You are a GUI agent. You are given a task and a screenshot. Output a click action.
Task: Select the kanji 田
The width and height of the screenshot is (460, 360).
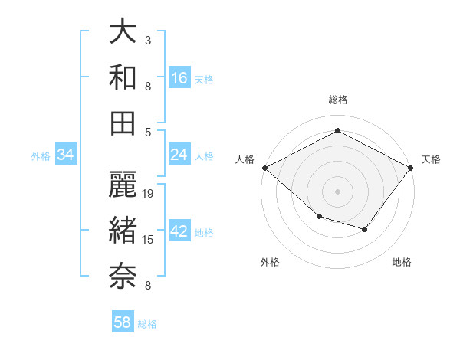click(x=123, y=122)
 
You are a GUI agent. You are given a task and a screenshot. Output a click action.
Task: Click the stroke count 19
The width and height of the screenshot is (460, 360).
click(x=149, y=194)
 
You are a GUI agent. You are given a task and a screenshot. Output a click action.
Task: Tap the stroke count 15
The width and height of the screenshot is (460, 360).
click(x=149, y=240)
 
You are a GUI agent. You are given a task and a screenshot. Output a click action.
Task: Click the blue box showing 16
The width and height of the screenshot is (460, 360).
click(x=179, y=77)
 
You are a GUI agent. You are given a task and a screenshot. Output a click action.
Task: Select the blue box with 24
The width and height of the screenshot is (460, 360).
click(x=179, y=155)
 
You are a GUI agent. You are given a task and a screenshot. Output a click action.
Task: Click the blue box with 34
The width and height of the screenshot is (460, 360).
click(x=66, y=155)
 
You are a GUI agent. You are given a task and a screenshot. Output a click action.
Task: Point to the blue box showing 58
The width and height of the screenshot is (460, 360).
click(x=123, y=322)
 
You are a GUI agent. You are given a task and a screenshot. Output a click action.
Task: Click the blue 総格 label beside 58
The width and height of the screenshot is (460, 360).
click(x=147, y=324)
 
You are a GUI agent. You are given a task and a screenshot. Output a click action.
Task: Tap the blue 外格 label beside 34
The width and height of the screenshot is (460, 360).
click(x=41, y=156)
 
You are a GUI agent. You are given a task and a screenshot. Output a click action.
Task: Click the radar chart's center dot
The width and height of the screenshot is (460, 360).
click(x=337, y=191)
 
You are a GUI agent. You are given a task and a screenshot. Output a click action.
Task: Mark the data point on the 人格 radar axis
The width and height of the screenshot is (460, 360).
click(x=264, y=168)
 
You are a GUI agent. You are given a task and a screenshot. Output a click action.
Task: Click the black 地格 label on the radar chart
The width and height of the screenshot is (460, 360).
click(x=402, y=262)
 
